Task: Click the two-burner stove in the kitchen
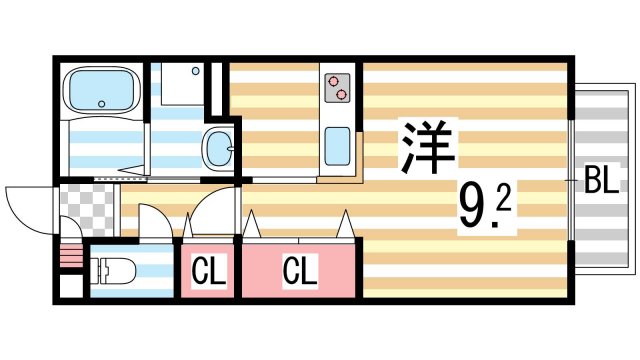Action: [337, 87]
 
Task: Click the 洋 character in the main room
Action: [429, 149]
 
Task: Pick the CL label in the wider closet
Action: [298, 270]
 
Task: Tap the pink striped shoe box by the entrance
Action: [68, 258]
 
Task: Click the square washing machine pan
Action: [178, 88]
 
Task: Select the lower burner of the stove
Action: [342, 95]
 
